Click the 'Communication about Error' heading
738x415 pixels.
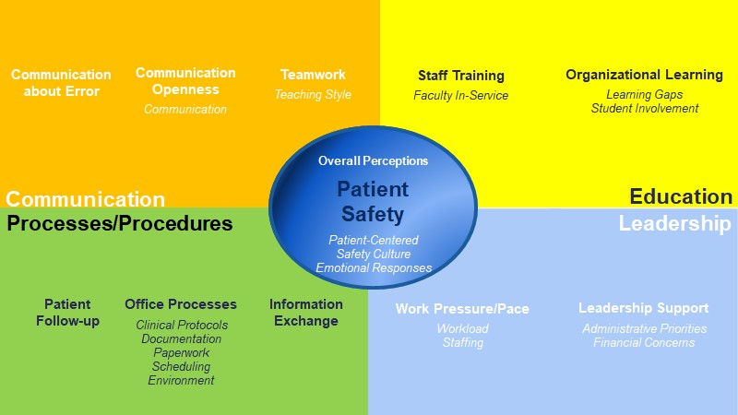point(61,83)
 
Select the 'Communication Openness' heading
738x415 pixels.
point(185,81)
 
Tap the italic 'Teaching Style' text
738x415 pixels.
point(313,95)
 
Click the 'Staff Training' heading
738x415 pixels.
point(461,76)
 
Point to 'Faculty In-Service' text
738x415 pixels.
point(460,96)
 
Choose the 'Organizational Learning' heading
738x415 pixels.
point(644,75)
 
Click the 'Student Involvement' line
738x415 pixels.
point(645,108)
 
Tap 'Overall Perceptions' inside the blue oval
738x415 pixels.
point(374,160)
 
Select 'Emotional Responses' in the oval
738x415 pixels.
point(374,267)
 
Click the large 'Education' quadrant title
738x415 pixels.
point(681,196)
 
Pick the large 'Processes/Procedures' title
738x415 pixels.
point(120,223)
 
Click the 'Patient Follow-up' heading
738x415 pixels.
point(67,313)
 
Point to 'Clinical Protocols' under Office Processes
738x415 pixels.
point(182,325)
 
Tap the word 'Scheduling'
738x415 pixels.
point(181,366)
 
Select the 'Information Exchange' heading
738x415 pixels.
point(306,313)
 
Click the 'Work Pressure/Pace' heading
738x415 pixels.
point(462,309)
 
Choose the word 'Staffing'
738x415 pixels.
point(463,342)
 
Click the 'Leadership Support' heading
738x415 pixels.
point(643,308)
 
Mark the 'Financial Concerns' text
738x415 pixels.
point(644,342)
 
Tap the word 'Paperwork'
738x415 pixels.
point(181,353)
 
